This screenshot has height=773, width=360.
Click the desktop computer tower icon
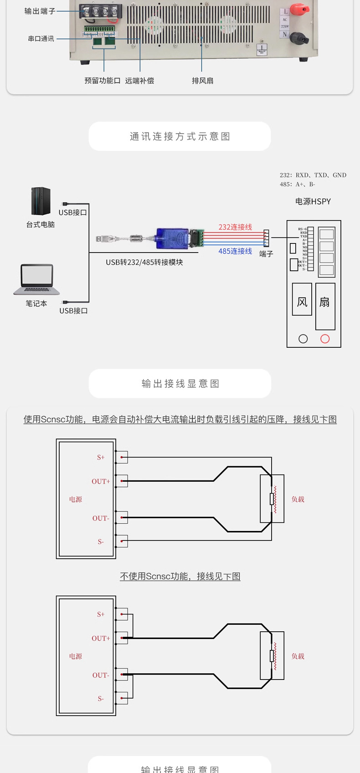click(x=41, y=201)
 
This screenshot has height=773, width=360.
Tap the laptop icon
click(x=36, y=279)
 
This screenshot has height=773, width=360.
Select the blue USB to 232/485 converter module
click(x=172, y=238)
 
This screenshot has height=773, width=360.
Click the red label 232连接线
click(x=235, y=227)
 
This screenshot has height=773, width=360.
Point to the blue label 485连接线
click(x=235, y=251)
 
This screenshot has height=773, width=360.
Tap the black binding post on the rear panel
click(x=299, y=36)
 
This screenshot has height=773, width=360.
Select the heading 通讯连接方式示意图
click(x=180, y=136)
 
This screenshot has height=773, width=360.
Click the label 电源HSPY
click(x=313, y=201)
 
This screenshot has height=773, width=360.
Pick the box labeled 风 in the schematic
click(x=302, y=299)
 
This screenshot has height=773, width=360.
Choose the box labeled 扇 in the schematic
click(x=325, y=306)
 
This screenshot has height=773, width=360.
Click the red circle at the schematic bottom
click(x=325, y=339)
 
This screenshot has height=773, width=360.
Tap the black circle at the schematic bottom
click(x=303, y=339)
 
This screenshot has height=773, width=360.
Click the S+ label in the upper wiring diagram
click(x=101, y=457)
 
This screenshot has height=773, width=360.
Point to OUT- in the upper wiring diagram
click(x=101, y=518)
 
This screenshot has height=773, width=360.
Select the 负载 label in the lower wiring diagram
click(x=298, y=656)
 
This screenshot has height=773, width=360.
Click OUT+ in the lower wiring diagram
click(x=101, y=639)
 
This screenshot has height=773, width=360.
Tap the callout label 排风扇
click(x=202, y=81)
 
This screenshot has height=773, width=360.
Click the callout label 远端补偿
click(x=139, y=81)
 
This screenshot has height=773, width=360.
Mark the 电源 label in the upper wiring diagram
click(x=76, y=500)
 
